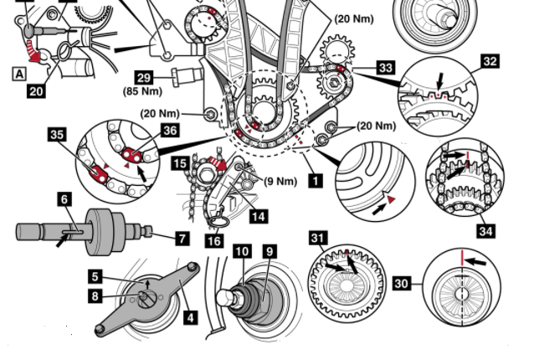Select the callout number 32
pos(490,60)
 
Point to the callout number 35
pos(58,133)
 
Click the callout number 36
pos(171,130)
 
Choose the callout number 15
pos(180,164)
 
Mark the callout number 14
pos(259,216)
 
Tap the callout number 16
pos(215,241)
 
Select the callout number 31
pos(318,239)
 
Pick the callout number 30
pos(402,284)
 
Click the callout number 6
pos(64,200)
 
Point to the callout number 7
pos(182,239)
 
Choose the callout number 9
pos(269,250)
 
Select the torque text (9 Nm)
pos(281,180)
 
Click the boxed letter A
pos(18,73)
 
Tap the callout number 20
pos(35,90)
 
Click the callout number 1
pos(315,178)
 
